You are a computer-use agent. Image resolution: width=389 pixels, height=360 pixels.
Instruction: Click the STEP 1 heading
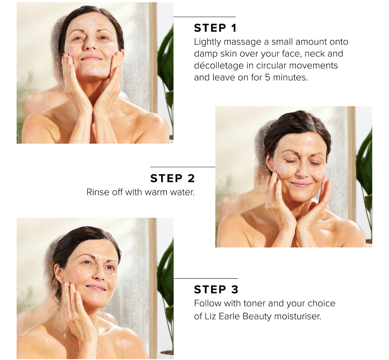pyautogui.click(x=215, y=28)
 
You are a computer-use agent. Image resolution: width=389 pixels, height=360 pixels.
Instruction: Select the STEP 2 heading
pyautogui.click(x=173, y=178)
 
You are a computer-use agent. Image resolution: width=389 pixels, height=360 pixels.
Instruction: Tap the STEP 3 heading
pyautogui.click(x=216, y=289)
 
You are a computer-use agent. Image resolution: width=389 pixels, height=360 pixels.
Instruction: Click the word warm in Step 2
pyautogui.click(x=156, y=192)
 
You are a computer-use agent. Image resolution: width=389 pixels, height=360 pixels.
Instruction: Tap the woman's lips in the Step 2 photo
pyautogui.click(x=301, y=184)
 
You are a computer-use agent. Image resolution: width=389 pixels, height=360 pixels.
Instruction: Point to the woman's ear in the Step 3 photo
pyautogui.click(x=59, y=273)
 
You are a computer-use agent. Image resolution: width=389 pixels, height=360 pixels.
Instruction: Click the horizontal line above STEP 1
pyautogui.click(x=204, y=17)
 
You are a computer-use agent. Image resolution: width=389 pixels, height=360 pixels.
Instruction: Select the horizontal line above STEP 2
pyautogui.click(x=183, y=167)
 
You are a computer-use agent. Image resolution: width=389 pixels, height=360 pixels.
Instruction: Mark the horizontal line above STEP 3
pyautogui.click(x=206, y=278)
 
